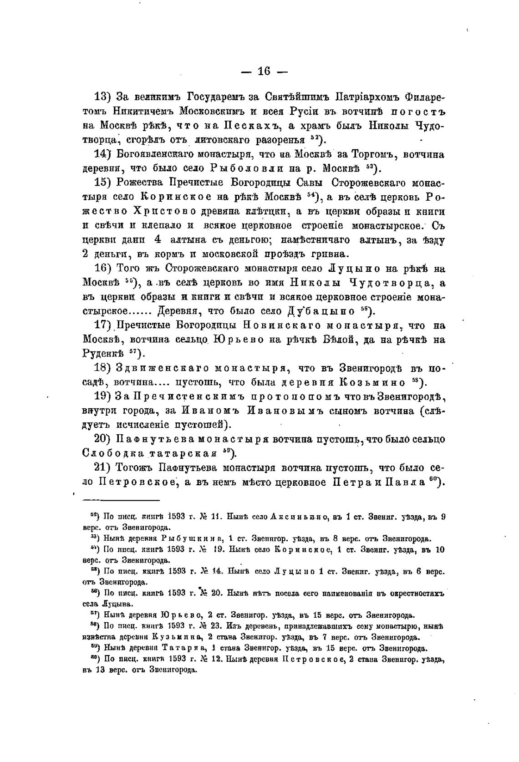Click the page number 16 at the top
264,71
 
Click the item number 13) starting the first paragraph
103,97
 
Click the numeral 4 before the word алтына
158,239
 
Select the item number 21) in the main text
103,467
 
